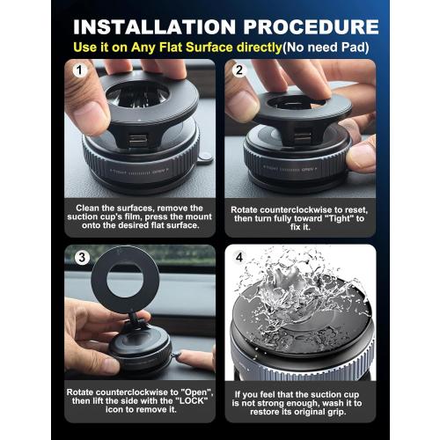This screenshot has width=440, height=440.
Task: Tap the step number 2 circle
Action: click(x=238, y=70)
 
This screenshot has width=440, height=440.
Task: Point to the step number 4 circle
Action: click(x=238, y=256)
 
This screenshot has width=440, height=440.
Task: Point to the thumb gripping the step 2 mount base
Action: click(x=360, y=156)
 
